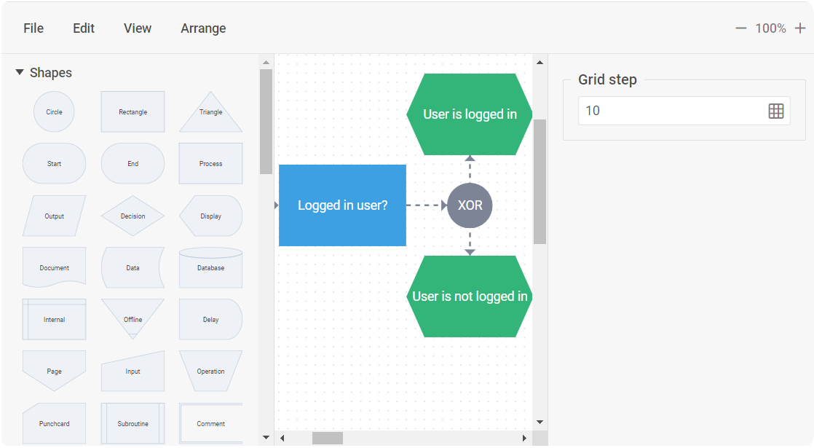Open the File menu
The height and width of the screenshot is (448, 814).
pyautogui.click(x=33, y=28)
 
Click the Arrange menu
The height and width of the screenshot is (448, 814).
pyautogui.click(x=203, y=28)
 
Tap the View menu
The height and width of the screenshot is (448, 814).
pyautogui.click(x=137, y=28)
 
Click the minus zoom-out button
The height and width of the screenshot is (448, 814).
pyautogui.click(x=740, y=28)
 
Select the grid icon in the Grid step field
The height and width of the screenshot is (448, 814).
pyautogui.click(x=776, y=111)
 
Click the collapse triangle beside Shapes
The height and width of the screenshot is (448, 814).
pyautogui.click(x=20, y=72)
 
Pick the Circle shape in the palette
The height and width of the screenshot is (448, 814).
pyautogui.click(x=54, y=111)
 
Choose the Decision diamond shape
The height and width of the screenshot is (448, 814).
pyautogui.click(x=133, y=216)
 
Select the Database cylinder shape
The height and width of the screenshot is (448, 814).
pyautogui.click(x=210, y=267)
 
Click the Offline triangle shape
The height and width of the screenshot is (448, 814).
pyautogui.click(x=133, y=317)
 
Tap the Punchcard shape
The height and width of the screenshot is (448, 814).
pyautogui.click(x=54, y=423)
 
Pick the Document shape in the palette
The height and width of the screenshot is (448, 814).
pyautogui.click(x=54, y=267)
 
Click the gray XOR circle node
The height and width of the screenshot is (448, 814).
pyautogui.click(x=470, y=205)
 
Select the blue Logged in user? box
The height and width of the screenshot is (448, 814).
pyautogui.click(x=343, y=205)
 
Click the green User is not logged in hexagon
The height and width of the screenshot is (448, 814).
pyautogui.click(x=470, y=296)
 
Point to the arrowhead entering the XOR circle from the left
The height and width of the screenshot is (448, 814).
pyautogui.click(x=444, y=205)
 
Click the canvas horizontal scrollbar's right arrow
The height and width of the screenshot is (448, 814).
pyautogui.click(x=524, y=438)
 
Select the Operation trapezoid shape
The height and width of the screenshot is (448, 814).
pyautogui.click(x=210, y=372)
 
